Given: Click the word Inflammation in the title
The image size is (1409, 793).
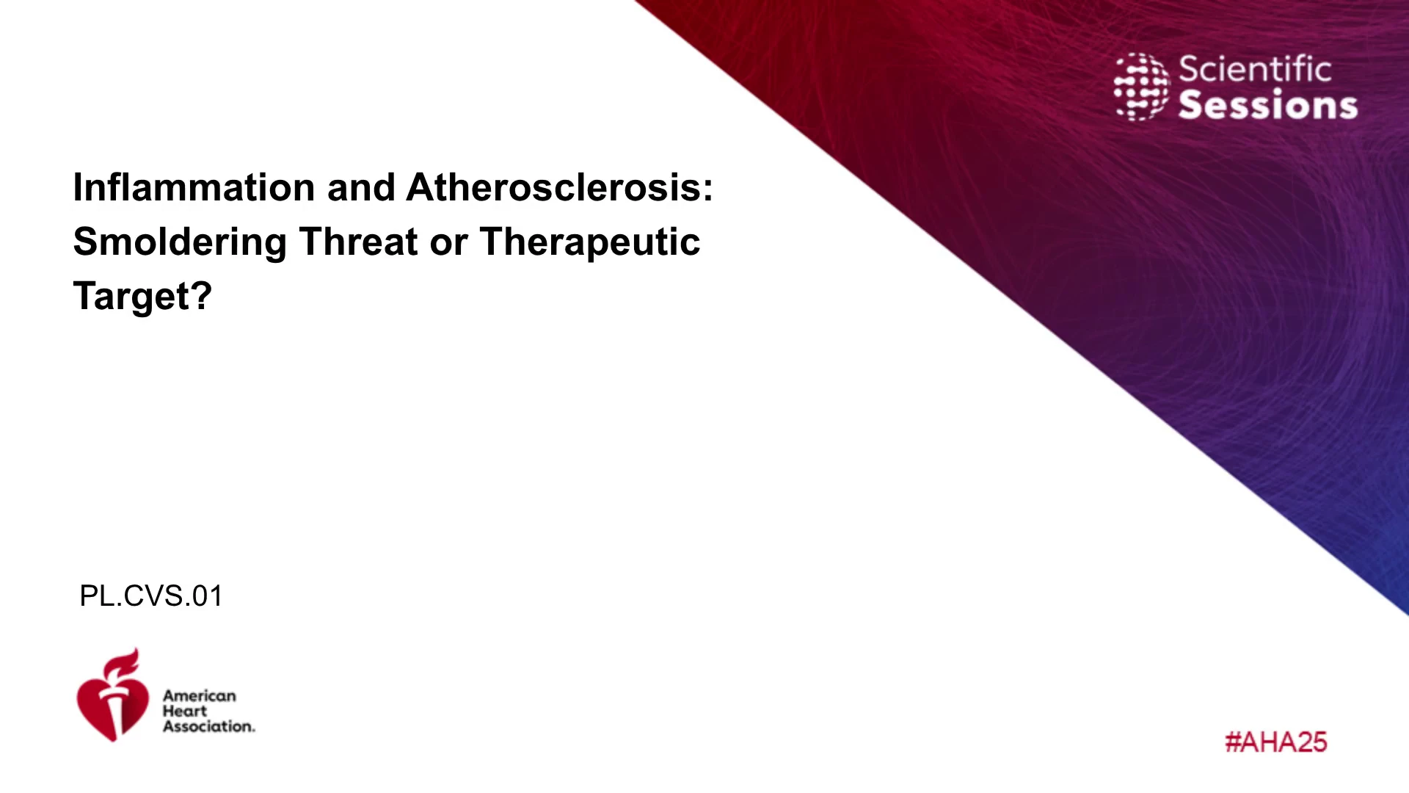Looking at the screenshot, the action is pyautogui.click(x=194, y=187).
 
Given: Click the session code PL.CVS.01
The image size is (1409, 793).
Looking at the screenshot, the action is pyautogui.click(x=150, y=596).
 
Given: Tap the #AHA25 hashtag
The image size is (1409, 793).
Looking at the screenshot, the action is pyautogui.click(x=1276, y=742).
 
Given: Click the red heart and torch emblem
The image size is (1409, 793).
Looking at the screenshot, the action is pyautogui.click(x=112, y=695).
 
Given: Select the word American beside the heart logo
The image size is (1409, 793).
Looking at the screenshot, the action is pyautogui.click(x=200, y=695).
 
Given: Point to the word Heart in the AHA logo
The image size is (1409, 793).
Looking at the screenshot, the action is pyautogui.click(x=185, y=711).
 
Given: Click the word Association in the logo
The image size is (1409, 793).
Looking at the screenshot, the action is pyautogui.click(x=209, y=726).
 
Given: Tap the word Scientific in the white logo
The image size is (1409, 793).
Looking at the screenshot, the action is pyautogui.click(x=1255, y=70).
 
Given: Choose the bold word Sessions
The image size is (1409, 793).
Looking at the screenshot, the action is pyautogui.click(x=1268, y=105).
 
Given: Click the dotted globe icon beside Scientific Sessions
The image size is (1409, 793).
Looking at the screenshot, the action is pyautogui.click(x=1141, y=87).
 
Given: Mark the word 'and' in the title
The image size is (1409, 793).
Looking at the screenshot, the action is pyautogui.click(x=361, y=187).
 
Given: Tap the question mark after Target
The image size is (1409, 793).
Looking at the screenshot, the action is pyautogui.click(x=202, y=296).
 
